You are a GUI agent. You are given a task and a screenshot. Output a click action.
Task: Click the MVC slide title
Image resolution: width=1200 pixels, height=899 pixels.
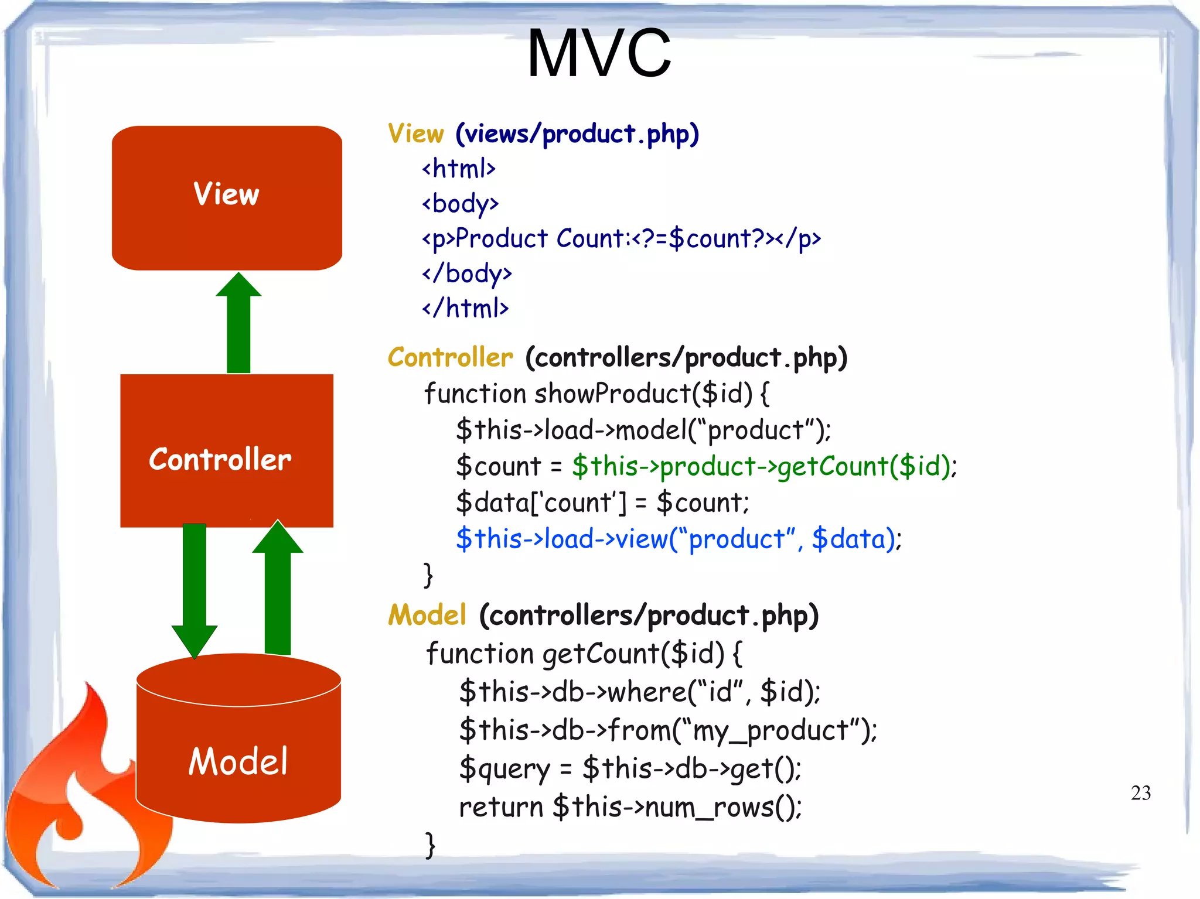click(x=599, y=54)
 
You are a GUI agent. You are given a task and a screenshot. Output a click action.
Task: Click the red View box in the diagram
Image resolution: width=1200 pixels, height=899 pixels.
click(x=227, y=197)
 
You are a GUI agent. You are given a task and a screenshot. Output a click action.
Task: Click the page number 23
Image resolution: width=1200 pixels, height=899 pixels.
click(x=1140, y=792)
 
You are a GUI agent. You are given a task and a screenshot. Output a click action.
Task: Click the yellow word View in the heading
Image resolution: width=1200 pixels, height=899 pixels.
click(x=416, y=134)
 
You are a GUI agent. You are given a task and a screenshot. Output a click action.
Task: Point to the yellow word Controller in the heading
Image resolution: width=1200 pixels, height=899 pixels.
click(x=450, y=357)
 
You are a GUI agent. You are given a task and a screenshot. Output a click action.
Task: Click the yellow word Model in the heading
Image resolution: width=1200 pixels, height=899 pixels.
click(x=427, y=615)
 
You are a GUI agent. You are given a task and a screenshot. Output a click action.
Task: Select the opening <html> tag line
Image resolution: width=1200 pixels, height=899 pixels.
click(x=459, y=169)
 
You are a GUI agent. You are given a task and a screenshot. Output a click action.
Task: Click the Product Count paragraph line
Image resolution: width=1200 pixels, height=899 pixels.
click(x=621, y=238)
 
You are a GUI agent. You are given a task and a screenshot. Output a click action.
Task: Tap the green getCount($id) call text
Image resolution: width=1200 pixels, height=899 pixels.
click(x=764, y=466)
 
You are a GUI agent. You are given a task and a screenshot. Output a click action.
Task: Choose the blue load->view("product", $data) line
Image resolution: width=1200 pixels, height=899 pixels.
click(x=679, y=539)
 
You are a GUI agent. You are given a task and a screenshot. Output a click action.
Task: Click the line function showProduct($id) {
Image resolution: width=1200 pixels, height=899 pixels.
click(x=596, y=394)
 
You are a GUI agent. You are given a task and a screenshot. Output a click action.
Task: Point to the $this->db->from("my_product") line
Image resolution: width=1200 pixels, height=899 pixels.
click(x=668, y=730)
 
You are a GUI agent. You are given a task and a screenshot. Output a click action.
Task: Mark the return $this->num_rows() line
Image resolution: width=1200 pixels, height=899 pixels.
click(x=630, y=807)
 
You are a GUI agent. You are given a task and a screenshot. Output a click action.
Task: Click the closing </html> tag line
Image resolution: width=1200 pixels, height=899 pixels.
click(x=465, y=308)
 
